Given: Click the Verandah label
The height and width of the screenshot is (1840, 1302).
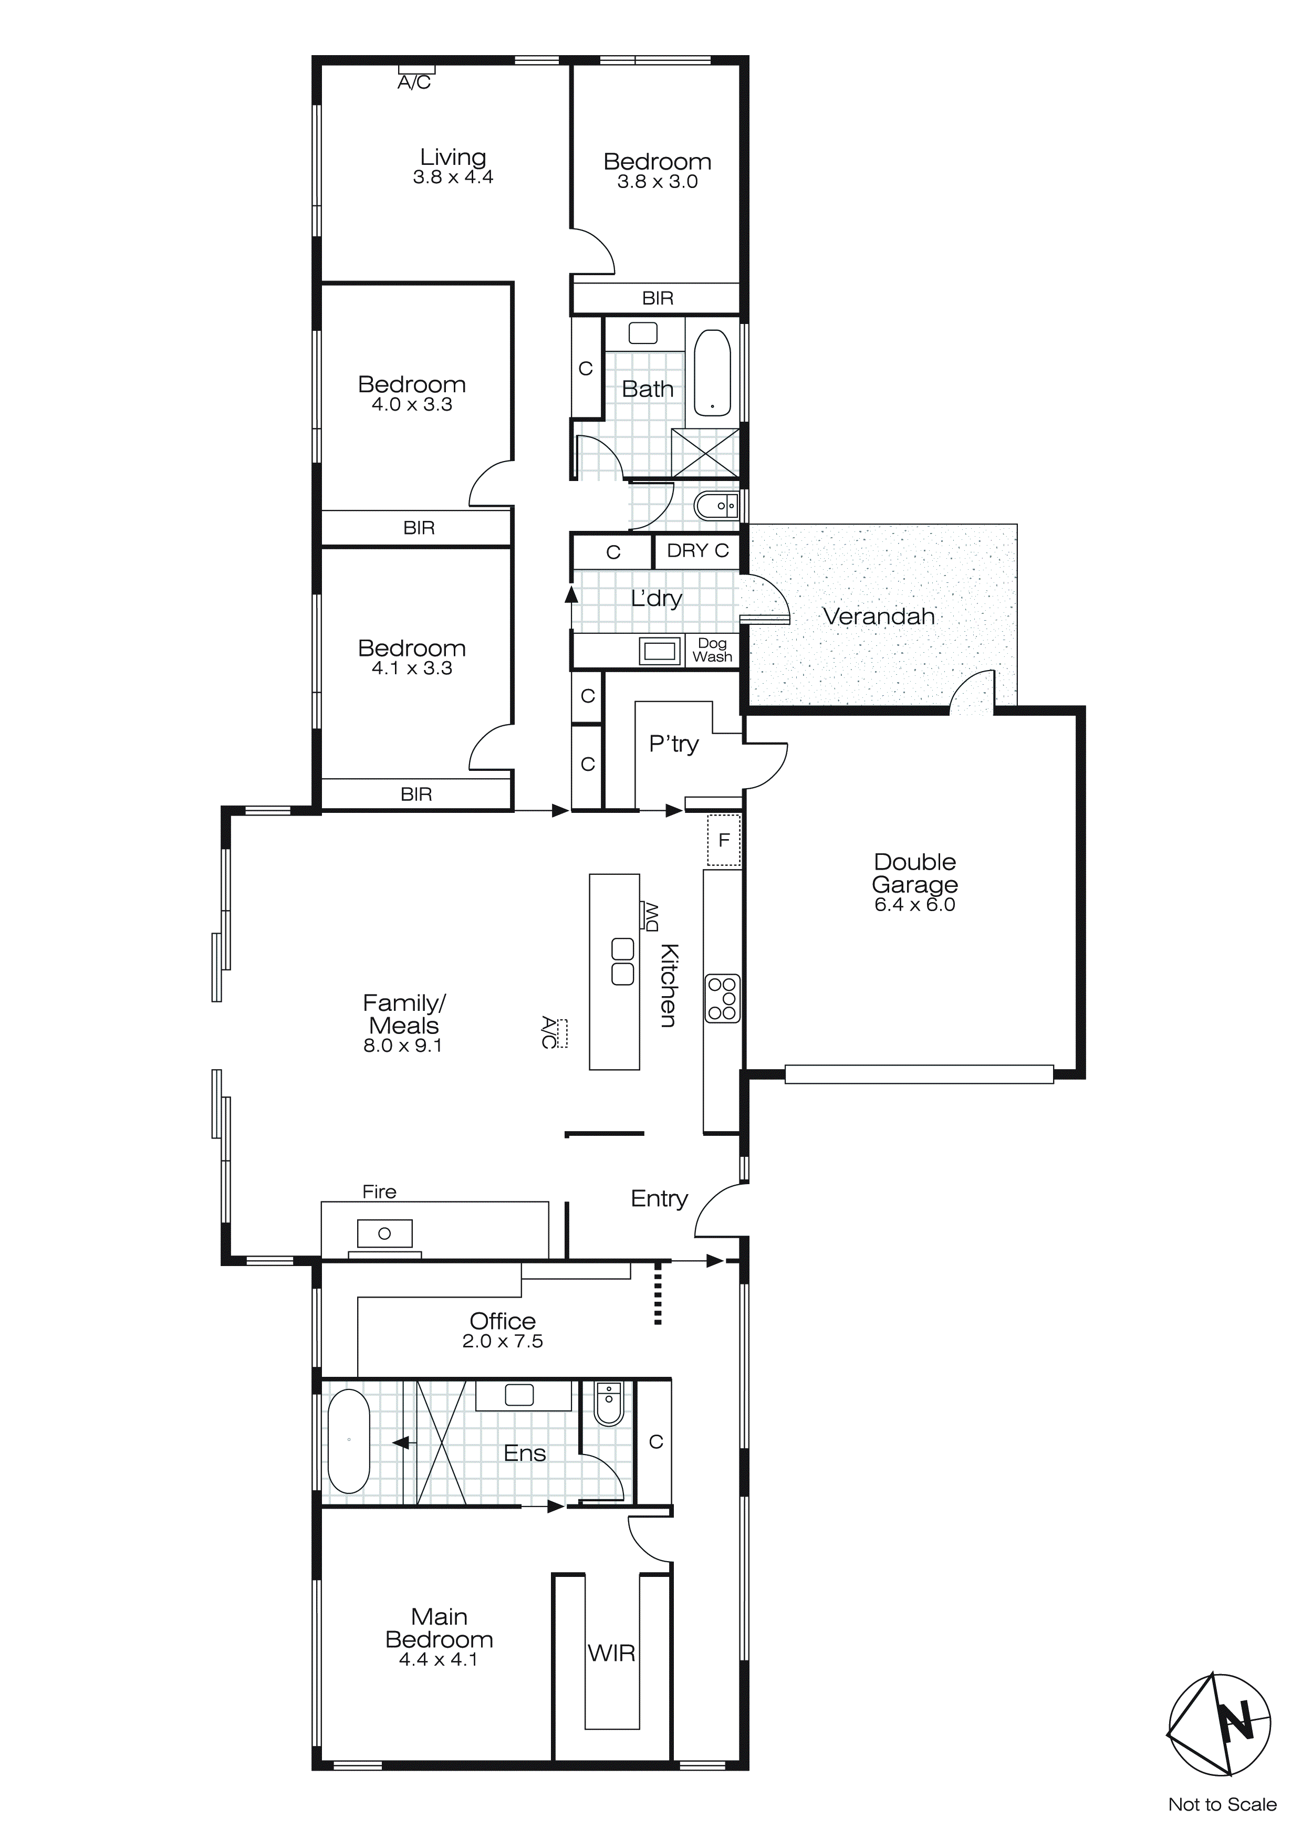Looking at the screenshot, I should click(x=879, y=616).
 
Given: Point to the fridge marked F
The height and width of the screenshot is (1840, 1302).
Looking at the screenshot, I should click(x=724, y=840).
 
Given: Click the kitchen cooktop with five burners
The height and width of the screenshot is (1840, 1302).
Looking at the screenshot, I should click(x=722, y=999).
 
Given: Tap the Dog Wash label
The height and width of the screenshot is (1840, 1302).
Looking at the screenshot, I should click(x=712, y=650).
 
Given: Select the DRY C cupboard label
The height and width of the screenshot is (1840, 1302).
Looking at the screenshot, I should click(x=697, y=550).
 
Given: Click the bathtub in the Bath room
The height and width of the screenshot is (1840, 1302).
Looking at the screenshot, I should click(x=712, y=373).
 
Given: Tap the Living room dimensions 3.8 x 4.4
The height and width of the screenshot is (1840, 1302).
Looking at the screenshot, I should click(x=453, y=178).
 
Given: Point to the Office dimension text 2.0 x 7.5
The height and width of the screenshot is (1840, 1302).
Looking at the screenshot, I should click(x=503, y=1342).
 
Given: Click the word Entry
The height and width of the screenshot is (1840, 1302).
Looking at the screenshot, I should click(x=659, y=1198).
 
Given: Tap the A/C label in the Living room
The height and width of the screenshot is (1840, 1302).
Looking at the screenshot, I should click(x=414, y=82).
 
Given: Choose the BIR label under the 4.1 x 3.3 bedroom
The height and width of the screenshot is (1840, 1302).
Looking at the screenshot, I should click(x=416, y=794).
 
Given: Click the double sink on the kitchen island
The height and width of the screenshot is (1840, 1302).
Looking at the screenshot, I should click(x=623, y=961).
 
